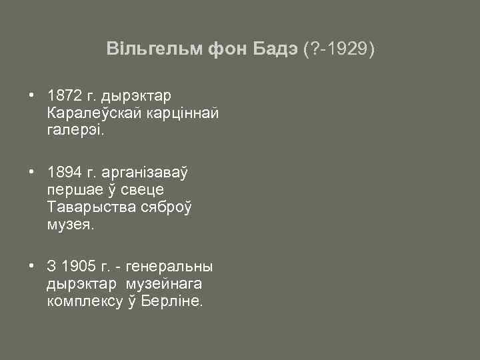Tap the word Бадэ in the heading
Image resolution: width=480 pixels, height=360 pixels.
[275, 49]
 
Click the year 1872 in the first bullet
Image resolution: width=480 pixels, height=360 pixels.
[64, 95]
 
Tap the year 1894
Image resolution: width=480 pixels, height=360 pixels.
[64, 173]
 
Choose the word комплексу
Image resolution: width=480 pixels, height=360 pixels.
[85, 303]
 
